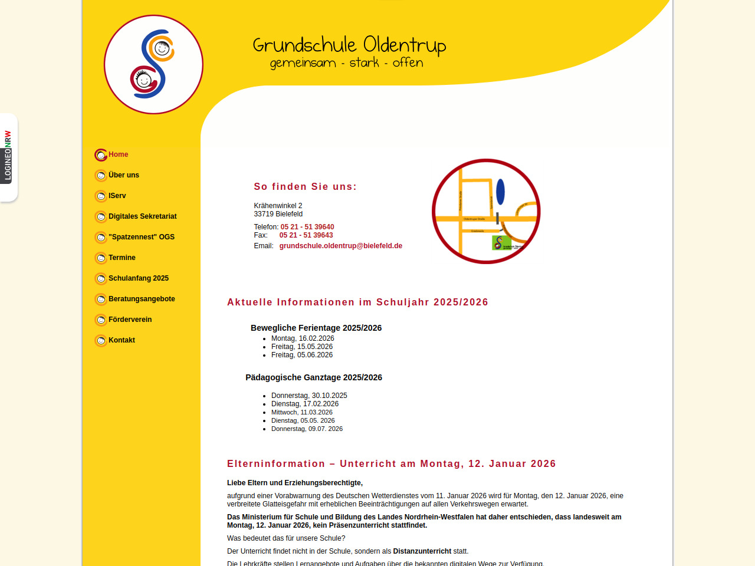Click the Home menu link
coord(118,154)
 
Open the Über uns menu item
coord(124,175)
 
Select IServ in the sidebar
coord(117,196)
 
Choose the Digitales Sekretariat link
coord(142,216)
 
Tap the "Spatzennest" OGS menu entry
coord(141,237)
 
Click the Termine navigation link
coord(122,258)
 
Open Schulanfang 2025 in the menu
coord(138,278)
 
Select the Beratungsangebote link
coord(142,299)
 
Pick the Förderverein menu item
coord(130,320)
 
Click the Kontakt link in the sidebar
coord(122,340)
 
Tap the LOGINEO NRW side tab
coord(8,156)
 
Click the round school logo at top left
coord(153,64)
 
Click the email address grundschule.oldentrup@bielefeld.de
coord(340,246)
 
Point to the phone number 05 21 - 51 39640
coord(307,227)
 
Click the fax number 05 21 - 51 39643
coord(306,235)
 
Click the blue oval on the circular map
coord(500,192)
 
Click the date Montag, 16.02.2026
coord(302,338)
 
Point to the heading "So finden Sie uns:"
coord(305,187)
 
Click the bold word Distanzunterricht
coord(422,551)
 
